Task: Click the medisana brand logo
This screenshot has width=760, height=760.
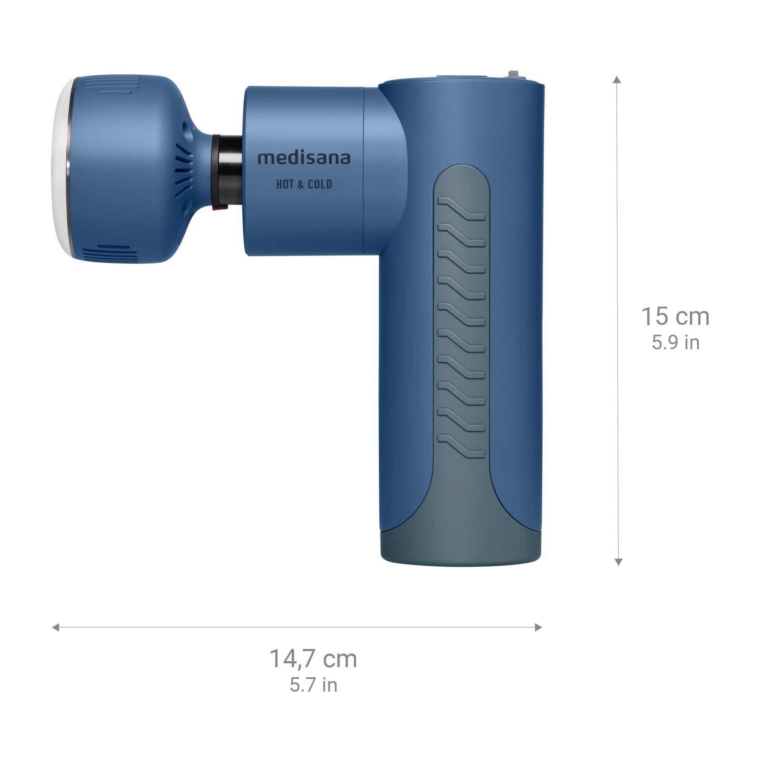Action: (x=304, y=158)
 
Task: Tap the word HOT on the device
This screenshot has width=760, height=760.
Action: (x=285, y=184)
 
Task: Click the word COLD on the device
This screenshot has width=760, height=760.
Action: (x=320, y=184)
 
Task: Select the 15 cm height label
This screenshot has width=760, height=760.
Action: (x=675, y=316)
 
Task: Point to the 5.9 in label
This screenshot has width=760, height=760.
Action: (x=676, y=342)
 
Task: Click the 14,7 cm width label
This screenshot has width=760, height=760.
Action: (x=313, y=659)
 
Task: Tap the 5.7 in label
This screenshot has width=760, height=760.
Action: (x=313, y=685)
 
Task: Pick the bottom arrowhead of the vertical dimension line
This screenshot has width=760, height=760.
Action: (x=618, y=562)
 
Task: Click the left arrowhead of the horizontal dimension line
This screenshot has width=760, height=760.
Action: (x=55, y=627)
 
